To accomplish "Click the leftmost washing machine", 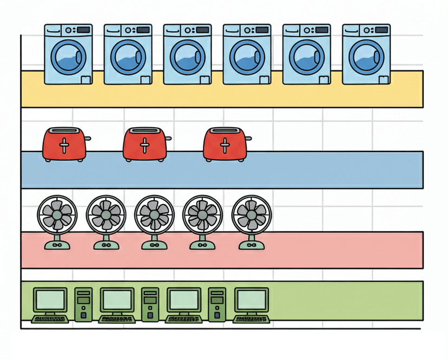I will (x=68, y=54).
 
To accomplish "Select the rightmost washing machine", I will (x=366, y=54).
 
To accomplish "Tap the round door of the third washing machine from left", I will (x=187, y=56).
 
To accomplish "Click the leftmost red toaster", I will (x=65, y=144).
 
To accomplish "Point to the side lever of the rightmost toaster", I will (x=248, y=138).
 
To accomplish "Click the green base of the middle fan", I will (x=154, y=245).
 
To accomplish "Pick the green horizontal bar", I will (x=346, y=299).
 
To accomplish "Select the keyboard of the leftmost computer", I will (x=50, y=319).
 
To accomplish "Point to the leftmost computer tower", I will (x=83, y=304).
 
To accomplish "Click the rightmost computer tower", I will (x=217, y=304).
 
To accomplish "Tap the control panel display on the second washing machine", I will (x=143, y=29).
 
